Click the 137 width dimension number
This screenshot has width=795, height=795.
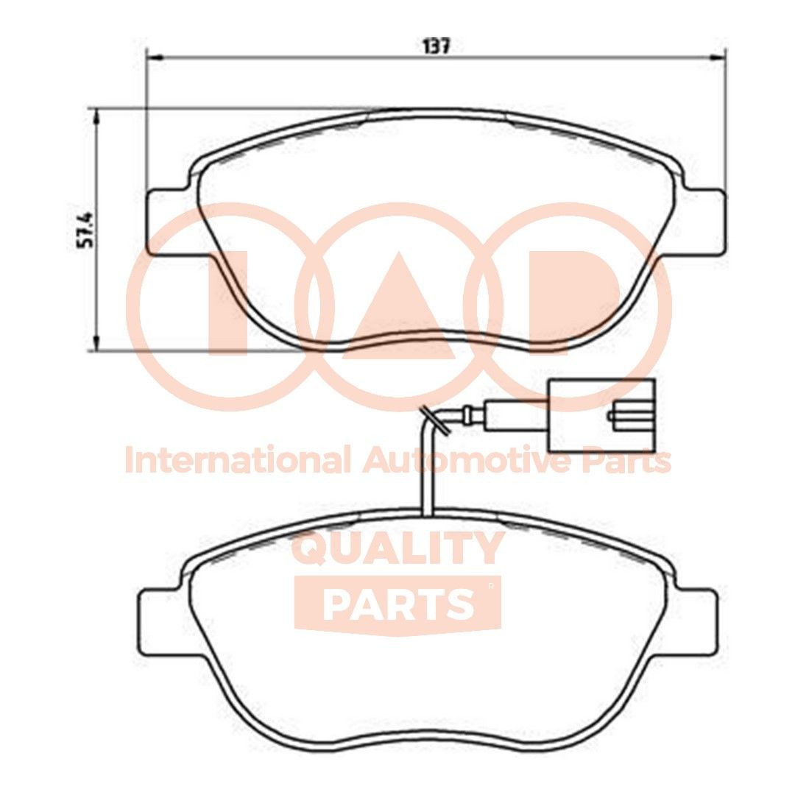pos(436,46)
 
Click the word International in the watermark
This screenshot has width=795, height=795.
pos(236,462)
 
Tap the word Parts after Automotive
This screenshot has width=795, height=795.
pos(626,462)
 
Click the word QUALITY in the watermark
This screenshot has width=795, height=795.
pos(397,548)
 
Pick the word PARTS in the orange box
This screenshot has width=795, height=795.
pos(397,604)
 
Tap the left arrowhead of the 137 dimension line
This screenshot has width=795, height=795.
pos(153,57)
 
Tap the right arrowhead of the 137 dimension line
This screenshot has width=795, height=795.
pos(720,57)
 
